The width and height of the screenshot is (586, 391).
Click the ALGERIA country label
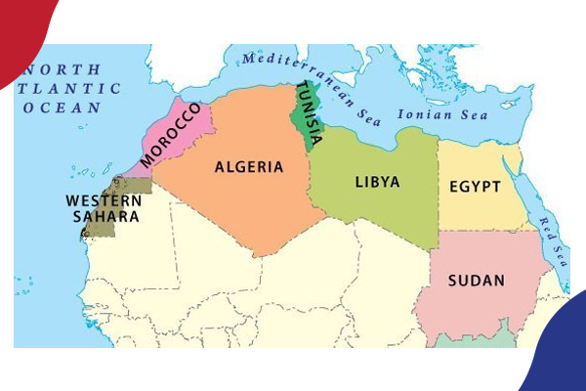coord(249,167)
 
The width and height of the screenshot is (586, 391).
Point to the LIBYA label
coord(376,182)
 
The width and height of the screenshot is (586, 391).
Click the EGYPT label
coord(475,187)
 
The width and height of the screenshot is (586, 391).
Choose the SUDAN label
coord(476,282)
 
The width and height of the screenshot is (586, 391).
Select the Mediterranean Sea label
coord(312,82)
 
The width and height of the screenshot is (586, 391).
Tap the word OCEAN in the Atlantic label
coord(63,107)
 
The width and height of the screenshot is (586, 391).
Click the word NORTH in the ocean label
coord(63,70)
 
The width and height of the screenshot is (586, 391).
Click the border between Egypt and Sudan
coord(483,231)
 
